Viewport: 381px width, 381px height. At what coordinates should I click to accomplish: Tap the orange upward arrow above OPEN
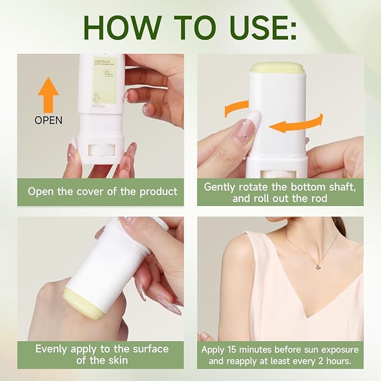pyautogui.click(x=49, y=95)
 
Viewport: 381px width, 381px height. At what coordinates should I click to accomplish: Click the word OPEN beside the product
pyautogui.click(x=49, y=120)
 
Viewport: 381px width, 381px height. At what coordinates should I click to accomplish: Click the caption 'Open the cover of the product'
pyautogui.click(x=102, y=191)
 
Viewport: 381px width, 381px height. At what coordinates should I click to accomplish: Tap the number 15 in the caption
pyautogui.click(x=238, y=348)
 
